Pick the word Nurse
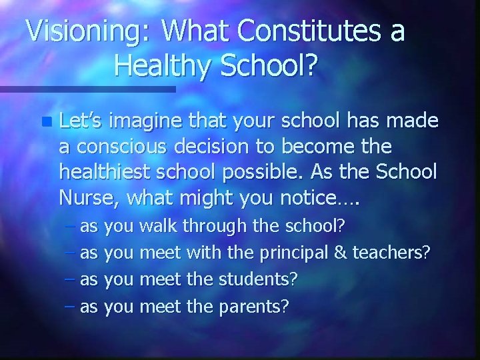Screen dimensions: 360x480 coord(87,197)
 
